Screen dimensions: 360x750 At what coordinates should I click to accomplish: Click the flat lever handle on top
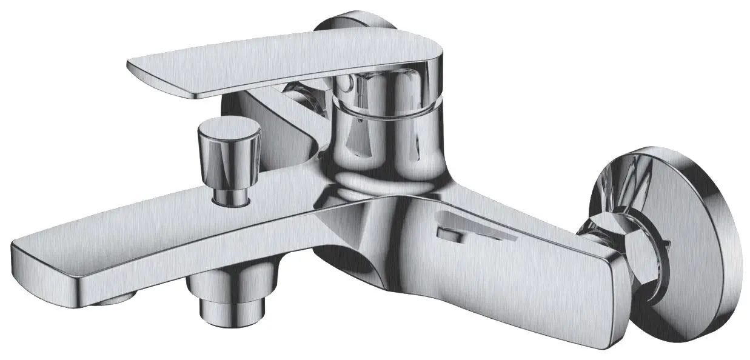tap(273, 67)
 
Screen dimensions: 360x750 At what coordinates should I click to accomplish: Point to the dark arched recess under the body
tap(358, 267)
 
